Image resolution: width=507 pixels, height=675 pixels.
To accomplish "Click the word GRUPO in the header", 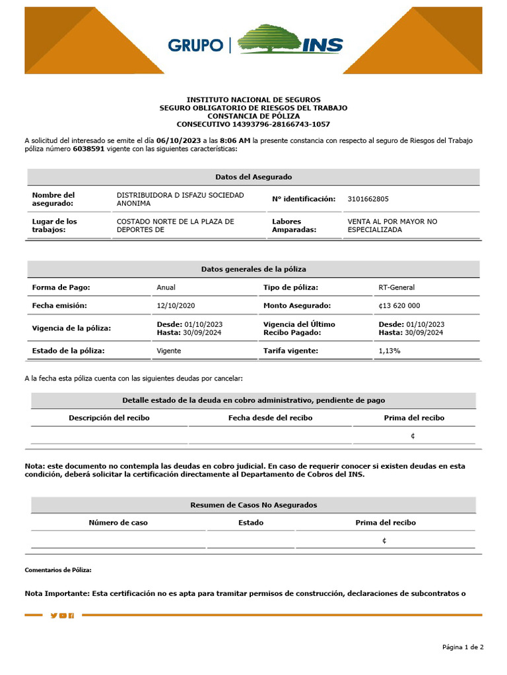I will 195,45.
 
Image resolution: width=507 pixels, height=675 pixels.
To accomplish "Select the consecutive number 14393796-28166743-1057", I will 281,124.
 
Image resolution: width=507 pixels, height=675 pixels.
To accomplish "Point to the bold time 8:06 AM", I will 234,140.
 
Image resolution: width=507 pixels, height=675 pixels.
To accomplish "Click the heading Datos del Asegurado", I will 253,177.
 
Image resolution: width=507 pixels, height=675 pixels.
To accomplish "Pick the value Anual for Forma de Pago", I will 166,287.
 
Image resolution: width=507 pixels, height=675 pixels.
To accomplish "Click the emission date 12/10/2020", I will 176,306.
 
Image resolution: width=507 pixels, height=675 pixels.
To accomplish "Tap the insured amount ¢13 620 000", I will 399,306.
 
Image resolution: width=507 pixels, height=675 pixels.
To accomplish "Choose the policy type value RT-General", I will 397,287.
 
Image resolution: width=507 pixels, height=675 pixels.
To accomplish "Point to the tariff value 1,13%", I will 389,351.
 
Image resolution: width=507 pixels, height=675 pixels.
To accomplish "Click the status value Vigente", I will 168,351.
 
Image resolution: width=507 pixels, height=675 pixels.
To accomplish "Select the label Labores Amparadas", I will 294,226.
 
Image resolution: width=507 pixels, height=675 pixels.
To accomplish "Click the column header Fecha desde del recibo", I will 270,418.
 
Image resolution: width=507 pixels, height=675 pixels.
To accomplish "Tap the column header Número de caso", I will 118,523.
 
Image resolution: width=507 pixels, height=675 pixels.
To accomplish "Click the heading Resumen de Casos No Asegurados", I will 253,505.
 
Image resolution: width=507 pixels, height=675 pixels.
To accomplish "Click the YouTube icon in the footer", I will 63,616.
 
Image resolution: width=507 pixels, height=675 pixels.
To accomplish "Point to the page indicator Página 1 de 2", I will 463,647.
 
